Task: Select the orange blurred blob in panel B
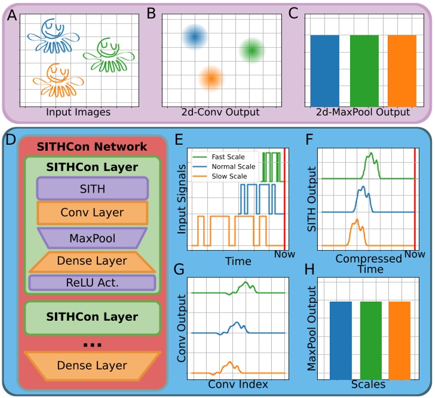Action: tap(211, 77)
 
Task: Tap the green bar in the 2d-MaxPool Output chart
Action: tap(364, 69)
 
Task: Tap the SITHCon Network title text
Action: tap(91, 147)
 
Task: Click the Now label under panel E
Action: tap(284, 254)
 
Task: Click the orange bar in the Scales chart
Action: tap(399, 339)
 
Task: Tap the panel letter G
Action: tap(177, 269)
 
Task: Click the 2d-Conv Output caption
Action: tap(220, 112)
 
